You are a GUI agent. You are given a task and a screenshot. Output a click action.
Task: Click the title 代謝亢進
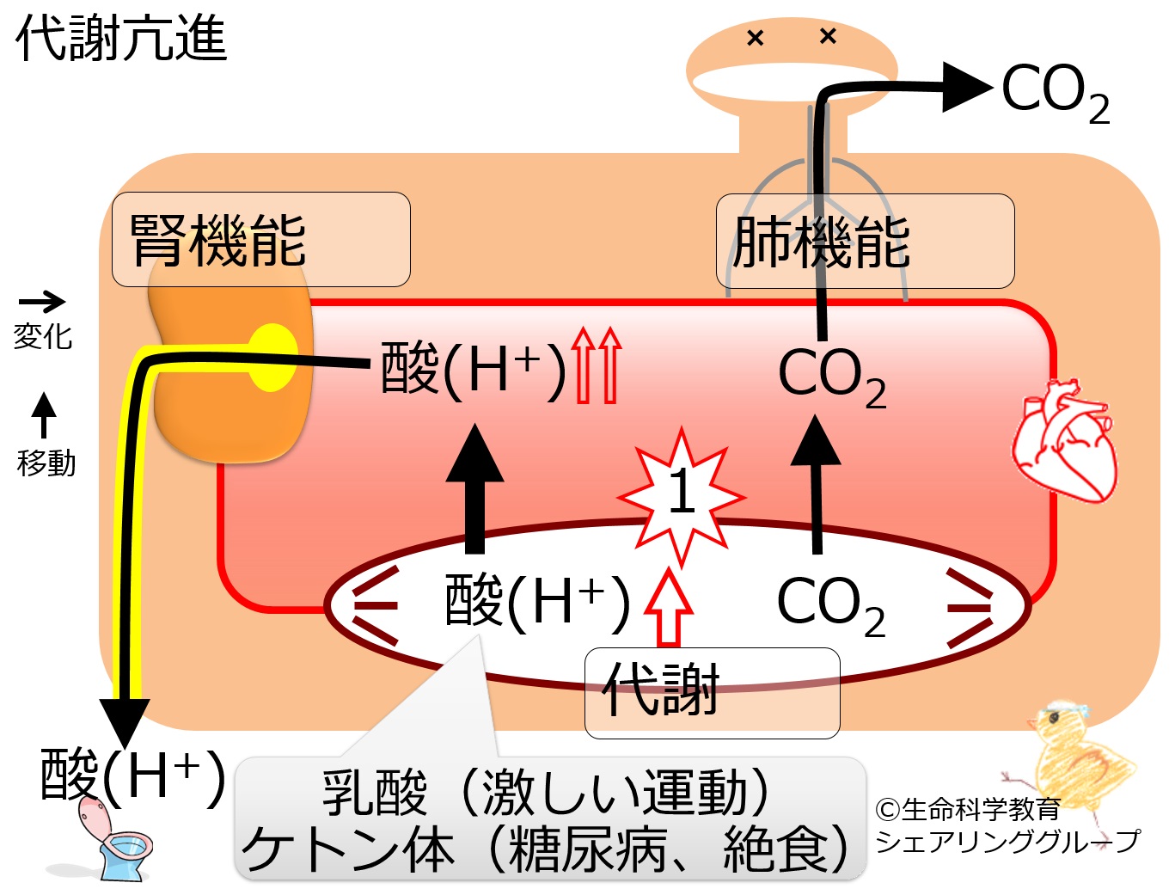[x=121, y=39]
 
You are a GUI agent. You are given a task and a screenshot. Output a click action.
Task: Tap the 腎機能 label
[x=217, y=241]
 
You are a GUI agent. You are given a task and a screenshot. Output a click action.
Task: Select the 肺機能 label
[x=821, y=242]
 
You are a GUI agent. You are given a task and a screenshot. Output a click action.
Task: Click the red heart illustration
[x=1064, y=440]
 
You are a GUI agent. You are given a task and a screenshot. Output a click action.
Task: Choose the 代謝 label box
[x=712, y=693]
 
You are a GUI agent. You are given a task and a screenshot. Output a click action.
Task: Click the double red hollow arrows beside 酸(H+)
[x=596, y=365]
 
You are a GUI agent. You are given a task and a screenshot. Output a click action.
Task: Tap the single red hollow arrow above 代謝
[x=669, y=606]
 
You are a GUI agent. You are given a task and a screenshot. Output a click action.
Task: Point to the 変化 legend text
[x=43, y=337]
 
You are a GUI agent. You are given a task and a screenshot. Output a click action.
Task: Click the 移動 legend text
[x=46, y=463]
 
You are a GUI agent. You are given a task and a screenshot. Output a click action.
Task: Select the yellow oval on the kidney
[x=273, y=358]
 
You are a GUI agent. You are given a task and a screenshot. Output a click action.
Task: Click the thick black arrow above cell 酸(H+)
[x=474, y=488]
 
